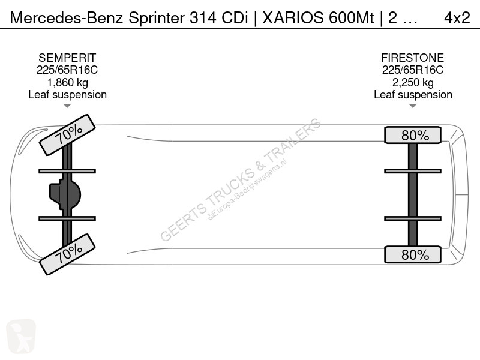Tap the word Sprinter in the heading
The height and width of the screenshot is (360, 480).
point(157,19)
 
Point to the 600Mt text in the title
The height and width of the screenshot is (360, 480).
point(352,18)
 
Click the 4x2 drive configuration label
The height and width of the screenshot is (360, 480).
point(457,18)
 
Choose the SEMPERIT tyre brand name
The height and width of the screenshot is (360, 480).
point(67,58)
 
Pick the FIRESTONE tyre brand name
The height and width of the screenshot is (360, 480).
point(413,58)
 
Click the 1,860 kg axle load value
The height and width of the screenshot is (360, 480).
point(67,83)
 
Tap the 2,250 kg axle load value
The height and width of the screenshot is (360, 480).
point(413,83)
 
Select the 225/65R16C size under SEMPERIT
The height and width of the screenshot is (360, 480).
point(67,70)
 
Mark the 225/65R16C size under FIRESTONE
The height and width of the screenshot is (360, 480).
point(413,70)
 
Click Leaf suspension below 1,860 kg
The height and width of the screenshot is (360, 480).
point(67,95)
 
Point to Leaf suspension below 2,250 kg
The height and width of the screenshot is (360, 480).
point(413,95)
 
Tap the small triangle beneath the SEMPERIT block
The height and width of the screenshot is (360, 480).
point(67,106)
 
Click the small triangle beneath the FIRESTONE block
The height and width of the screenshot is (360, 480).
point(413,106)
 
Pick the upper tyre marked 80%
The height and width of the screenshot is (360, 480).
point(413,135)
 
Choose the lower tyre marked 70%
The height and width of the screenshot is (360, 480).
point(67,254)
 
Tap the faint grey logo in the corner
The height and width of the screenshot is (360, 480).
point(21,336)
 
